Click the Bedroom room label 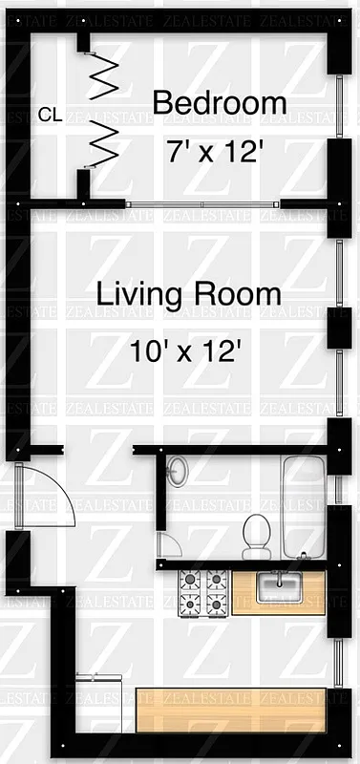[x=219, y=103]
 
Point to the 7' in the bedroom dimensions [x=179, y=151]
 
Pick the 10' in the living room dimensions [x=148, y=351]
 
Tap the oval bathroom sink [x=177, y=471]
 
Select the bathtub [x=303, y=506]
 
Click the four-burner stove [x=203, y=592]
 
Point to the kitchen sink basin [x=278, y=586]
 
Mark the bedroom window [x=340, y=107]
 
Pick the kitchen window [x=340, y=659]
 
